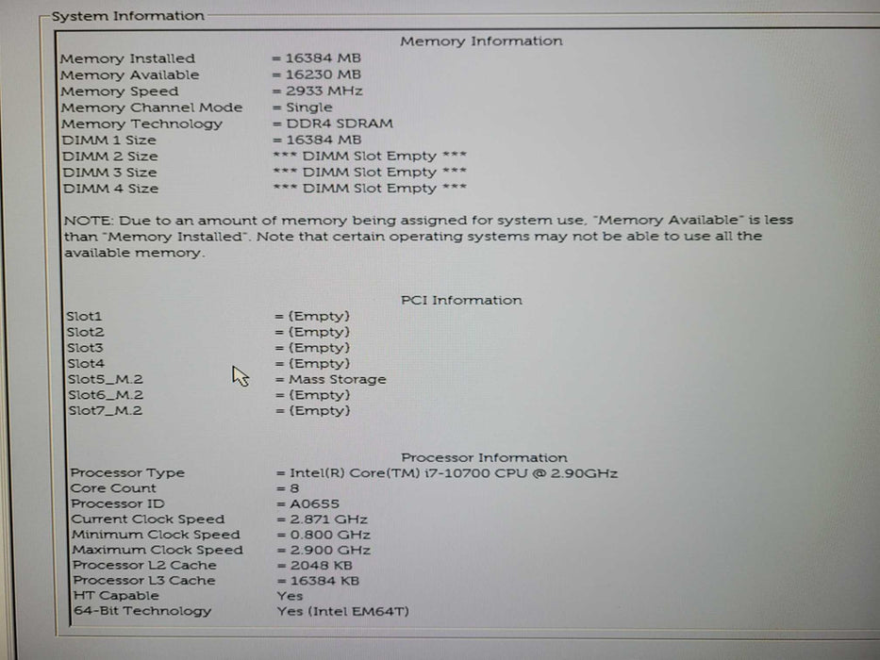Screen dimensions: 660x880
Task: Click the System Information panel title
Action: point(127,16)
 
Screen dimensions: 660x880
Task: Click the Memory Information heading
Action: point(481,41)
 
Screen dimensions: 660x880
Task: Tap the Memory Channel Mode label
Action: point(152,107)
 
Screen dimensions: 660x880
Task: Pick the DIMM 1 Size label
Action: point(109,140)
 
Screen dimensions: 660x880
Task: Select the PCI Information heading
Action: point(461,301)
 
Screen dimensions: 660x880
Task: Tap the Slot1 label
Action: point(84,317)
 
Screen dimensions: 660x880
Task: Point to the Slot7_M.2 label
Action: point(105,411)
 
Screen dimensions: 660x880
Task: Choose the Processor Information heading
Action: point(484,458)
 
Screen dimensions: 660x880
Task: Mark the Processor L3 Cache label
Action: point(144,581)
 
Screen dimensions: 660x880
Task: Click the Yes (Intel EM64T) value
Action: point(343,612)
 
